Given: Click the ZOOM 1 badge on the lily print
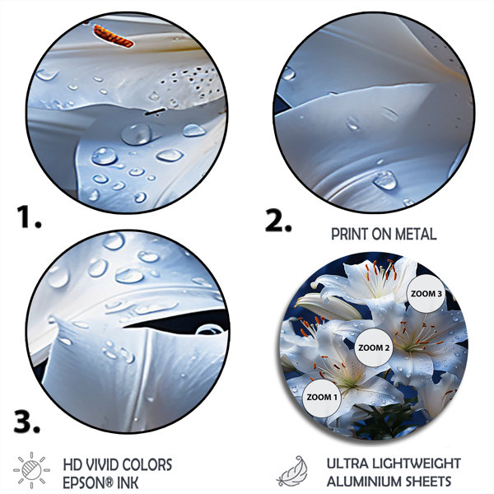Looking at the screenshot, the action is click(x=322, y=398).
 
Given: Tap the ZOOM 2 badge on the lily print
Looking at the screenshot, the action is click(x=374, y=347).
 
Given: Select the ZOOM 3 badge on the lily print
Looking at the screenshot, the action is click(x=426, y=294).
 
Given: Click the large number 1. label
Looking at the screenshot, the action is click(x=29, y=217).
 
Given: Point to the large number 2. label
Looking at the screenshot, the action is click(x=278, y=220).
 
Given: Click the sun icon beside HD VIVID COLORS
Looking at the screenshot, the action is click(x=31, y=470).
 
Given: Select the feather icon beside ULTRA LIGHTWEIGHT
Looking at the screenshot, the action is click(x=292, y=471).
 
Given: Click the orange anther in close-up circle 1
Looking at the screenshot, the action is click(x=114, y=36).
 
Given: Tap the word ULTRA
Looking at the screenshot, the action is click(x=347, y=464).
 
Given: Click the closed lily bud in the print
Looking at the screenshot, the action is click(x=329, y=305).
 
